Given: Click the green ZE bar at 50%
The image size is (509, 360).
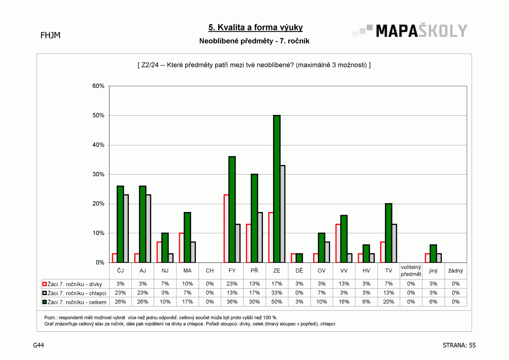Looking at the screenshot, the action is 276,188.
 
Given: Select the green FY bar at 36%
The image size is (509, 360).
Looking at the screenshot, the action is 232,209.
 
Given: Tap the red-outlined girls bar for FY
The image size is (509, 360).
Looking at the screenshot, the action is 226,229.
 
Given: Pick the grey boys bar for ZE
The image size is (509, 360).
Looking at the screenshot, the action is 283,214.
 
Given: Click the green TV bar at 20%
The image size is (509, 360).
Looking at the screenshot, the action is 388,233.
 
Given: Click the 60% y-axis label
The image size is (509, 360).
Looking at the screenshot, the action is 98,86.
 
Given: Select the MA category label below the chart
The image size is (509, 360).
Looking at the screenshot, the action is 187,270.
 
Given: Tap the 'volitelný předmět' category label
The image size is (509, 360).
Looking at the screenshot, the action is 411,270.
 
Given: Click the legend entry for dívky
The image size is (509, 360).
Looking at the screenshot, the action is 72,284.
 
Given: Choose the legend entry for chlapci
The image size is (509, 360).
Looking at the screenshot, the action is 74,293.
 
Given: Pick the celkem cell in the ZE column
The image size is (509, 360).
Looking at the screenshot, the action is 276,302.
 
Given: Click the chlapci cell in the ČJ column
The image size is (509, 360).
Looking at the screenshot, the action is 120,293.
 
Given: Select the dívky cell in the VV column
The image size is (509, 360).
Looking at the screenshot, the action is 344,283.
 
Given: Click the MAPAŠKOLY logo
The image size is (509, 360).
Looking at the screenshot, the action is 410,30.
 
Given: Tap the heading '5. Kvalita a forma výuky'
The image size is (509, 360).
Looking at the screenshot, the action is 256,27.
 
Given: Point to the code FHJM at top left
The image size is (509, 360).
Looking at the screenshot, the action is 51,35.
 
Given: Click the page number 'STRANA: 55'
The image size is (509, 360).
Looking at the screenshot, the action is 459,345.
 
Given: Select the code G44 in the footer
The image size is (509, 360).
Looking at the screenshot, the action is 38,345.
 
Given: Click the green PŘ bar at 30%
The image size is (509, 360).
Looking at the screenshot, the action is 254,218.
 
